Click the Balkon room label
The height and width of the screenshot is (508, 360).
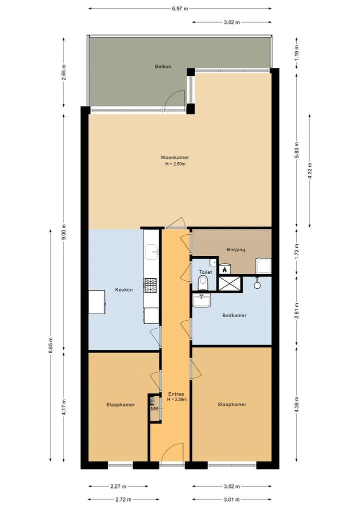(163, 66)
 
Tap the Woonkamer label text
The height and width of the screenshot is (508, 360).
(175, 157)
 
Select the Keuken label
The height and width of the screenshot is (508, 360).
(124, 290)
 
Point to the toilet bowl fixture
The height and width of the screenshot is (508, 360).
(203, 283)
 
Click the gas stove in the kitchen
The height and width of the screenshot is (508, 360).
(150, 285)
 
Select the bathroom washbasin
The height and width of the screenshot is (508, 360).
(201, 300)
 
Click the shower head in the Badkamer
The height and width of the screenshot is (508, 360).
(257, 285)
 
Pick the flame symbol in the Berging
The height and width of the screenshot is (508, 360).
(224, 269)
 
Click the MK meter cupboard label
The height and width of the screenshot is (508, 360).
(154, 409)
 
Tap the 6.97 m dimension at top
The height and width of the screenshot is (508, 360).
(180, 9)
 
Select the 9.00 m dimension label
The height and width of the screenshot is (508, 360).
(64, 232)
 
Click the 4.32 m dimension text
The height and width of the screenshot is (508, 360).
(309, 170)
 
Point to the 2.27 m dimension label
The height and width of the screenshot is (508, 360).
(118, 487)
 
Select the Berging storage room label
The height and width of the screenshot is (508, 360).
(236, 249)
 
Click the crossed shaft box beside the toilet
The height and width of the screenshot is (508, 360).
(229, 284)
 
